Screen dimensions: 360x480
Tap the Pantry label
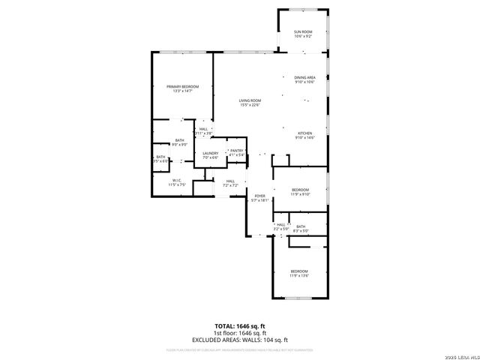coord(237,152)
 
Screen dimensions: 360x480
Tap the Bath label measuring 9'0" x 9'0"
coord(180,142)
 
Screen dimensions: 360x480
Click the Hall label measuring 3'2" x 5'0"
coord(281,226)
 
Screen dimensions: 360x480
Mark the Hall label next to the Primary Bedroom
coord(203,131)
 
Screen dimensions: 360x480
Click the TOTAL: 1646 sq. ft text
coord(240,325)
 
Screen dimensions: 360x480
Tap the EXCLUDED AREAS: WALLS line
coord(240,340)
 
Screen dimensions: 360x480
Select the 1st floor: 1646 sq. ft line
coord(240,333)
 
